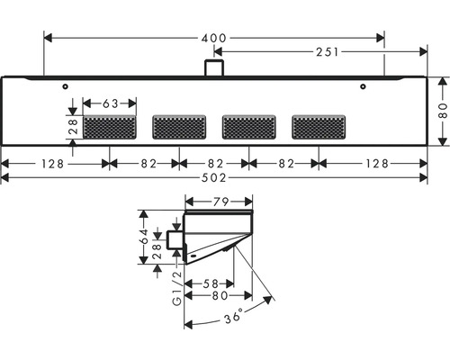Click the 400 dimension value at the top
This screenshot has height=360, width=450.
[214, 38]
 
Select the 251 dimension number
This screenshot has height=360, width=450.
[328, 52]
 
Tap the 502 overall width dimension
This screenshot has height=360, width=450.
[214, 178]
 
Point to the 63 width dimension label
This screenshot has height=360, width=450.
[111, 103]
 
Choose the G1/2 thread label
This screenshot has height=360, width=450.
[177, 288]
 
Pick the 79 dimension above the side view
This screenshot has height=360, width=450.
[221, 202]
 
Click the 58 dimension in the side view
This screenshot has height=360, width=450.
[211, 283]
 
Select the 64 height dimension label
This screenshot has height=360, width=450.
[144, 237]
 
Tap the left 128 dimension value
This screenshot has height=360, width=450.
[52, 164]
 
